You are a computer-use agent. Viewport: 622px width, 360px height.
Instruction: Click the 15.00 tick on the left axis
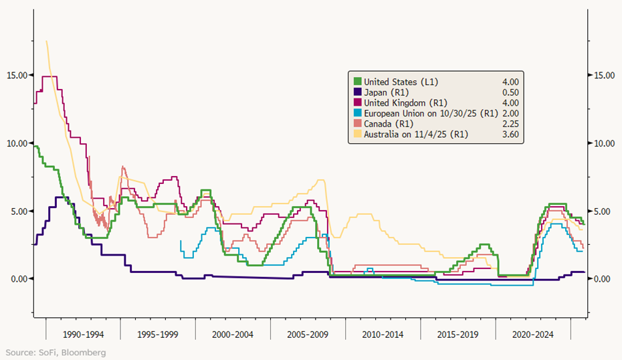14,75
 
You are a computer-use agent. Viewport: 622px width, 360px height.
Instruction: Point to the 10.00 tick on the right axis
604,143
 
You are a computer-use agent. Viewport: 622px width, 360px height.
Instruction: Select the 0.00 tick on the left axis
16,278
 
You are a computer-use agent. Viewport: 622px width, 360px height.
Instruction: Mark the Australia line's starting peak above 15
46,41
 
